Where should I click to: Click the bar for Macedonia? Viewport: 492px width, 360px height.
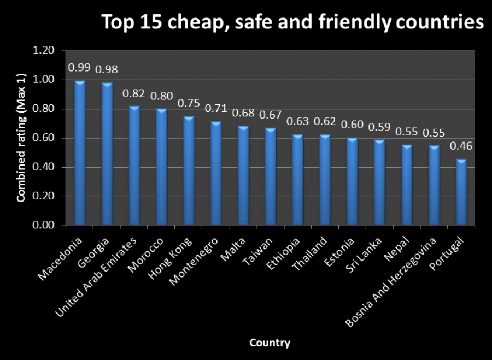(x=80, y=153)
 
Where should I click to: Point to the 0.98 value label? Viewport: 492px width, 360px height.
(x=107, y=69)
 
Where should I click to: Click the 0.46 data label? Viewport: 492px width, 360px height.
(x=461, y=146)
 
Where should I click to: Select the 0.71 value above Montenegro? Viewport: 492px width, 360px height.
(x=216, y=107)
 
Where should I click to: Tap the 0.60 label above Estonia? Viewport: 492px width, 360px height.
(x=352, y=123)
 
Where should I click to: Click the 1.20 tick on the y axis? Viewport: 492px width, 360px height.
(x=44, y=51)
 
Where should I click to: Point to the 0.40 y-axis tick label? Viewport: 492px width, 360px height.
(x=44, y=167)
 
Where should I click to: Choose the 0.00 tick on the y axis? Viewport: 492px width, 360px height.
(x=44, y=225)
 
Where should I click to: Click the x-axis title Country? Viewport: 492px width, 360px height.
(x=270, y=343)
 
